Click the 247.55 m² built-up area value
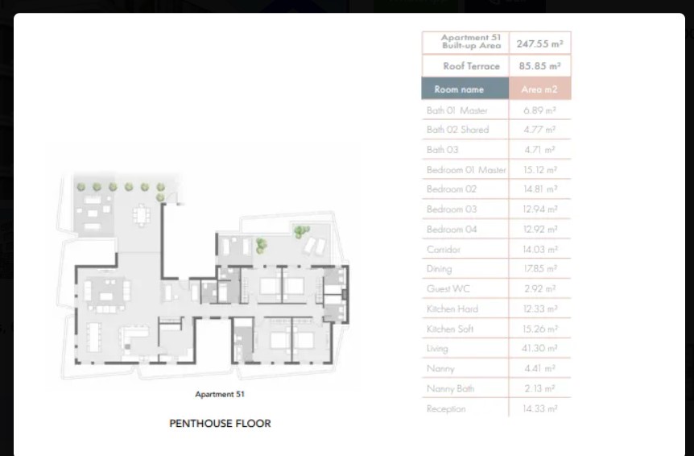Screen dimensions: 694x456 [x=539, y=44]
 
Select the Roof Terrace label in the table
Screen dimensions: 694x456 [x=471, y=66]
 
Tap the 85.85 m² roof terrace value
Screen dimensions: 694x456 [x=539, y=66]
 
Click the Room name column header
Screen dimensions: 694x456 [x=459, y=89]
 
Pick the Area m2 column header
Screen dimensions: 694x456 [x=539, y=89]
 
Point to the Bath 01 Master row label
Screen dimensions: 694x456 [x=456, y=110]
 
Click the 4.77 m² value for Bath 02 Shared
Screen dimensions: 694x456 [x=539, y=130]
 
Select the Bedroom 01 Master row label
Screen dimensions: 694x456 [x=466, y=169]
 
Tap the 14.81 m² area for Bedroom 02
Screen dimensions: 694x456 [x=540, y=189]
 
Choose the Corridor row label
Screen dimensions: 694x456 [x=444, y=249]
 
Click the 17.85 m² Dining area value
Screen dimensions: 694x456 [x=540, y=269]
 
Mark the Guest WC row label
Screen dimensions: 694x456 [x=448, y=288]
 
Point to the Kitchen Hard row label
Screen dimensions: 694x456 [x=452, y=309]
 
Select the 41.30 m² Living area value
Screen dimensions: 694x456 [x=539, y=348]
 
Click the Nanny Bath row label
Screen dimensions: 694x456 [x=450, y=388]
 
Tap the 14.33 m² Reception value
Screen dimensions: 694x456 [x=540, y=408]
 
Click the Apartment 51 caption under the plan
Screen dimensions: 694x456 [x=220, y=394]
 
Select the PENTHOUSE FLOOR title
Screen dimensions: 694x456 [x=220, y=423]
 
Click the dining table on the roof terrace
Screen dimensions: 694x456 [x=141, y=215]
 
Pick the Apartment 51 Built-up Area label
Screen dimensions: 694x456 [x=471, y=41]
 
